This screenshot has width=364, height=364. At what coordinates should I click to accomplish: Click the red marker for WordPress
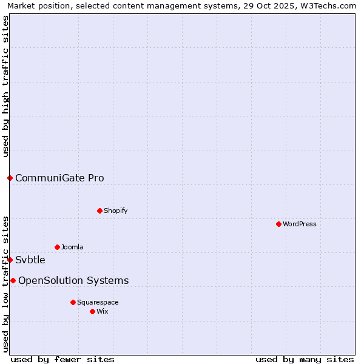pyautogui.click(x=278, y=224)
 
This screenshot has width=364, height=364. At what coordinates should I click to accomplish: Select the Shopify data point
pyautogui.click(x=99, y=211)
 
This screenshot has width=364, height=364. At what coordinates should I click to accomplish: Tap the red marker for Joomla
pyautogui.click(x=57, y=247)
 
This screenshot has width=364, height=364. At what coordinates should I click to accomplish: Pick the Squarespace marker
pyautogui.click(x=73, y=302)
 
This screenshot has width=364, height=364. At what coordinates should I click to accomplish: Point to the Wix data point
pyautogui.click(x=92, y=311)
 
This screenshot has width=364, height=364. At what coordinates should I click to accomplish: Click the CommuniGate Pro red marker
pyautogui.click(x=10, y=178)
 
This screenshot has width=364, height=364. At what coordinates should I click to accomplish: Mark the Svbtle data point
pyautogui.click(x=10, y=260)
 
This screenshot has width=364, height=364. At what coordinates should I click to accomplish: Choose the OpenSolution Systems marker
pyautogui.click(x=13, y=280)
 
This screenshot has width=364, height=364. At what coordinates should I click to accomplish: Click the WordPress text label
pyautogui.click(x=300, y=224)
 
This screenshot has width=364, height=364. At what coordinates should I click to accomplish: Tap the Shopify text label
pyautogui.click(x=116, y=211)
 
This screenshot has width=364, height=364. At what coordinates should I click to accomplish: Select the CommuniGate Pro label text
pyautogui.click(x=59, y=178)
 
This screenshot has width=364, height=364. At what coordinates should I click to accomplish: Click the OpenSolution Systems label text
pyautogui.click(x=73, y=280)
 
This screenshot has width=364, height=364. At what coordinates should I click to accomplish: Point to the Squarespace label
pyautogui.click(x=98, y=302)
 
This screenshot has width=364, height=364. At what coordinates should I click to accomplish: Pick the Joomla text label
pyautogui.click(x=72, y=247)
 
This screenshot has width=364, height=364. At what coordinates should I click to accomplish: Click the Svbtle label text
pyautogui.click(x=30, y=260)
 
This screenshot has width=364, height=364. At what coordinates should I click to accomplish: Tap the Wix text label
pyautogui.click(x=102, y=311)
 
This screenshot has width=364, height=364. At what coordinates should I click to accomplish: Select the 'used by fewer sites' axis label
pyautogui.click(x=62, y=359)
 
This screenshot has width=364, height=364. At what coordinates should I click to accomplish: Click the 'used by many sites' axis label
pyautogui.click(x=305, y=359)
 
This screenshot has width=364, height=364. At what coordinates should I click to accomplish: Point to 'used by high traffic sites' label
pyautogui.click(x=5, y=86)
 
